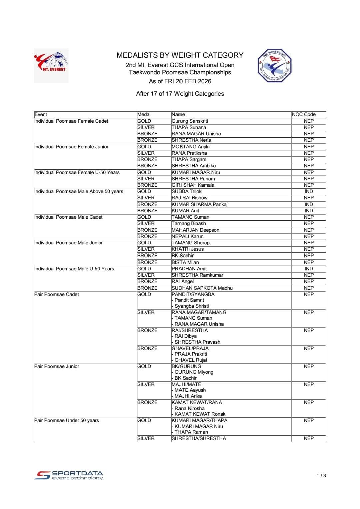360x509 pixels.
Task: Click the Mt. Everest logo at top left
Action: (x=51, y=65)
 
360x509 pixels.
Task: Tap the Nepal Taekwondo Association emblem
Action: (x=274, y=66)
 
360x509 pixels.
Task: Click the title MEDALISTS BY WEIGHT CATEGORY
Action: (x=180, y=55)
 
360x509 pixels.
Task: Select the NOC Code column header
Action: (x=304, y=114)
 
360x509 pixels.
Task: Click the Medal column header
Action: (x=144, y=114)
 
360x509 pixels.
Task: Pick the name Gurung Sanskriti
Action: (x=190, y=121)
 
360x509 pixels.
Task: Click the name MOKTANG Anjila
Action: (x=190, y=147)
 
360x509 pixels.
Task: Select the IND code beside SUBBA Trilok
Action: (x=309, y=191)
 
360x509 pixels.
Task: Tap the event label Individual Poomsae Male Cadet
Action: (x=68, y=217)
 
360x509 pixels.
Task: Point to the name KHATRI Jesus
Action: (x=187, y=249)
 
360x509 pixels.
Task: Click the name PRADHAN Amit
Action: (x=189, y=269)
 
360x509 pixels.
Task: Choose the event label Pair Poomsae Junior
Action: (x=57, y=366)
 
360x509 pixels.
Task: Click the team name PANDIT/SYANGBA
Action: (x=193, y=294)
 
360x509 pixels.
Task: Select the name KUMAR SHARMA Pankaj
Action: (x=199, y=204)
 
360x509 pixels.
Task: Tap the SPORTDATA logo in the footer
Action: (x=69, y=475)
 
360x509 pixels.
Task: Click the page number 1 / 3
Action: (x=321, y=476)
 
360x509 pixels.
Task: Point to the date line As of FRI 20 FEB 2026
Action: (x=180, y=81)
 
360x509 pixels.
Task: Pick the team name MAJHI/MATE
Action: (x=186, y=384)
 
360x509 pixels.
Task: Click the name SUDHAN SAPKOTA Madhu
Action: (x=202, y=288)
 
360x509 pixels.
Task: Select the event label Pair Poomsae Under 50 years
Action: (x=67, y=420)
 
